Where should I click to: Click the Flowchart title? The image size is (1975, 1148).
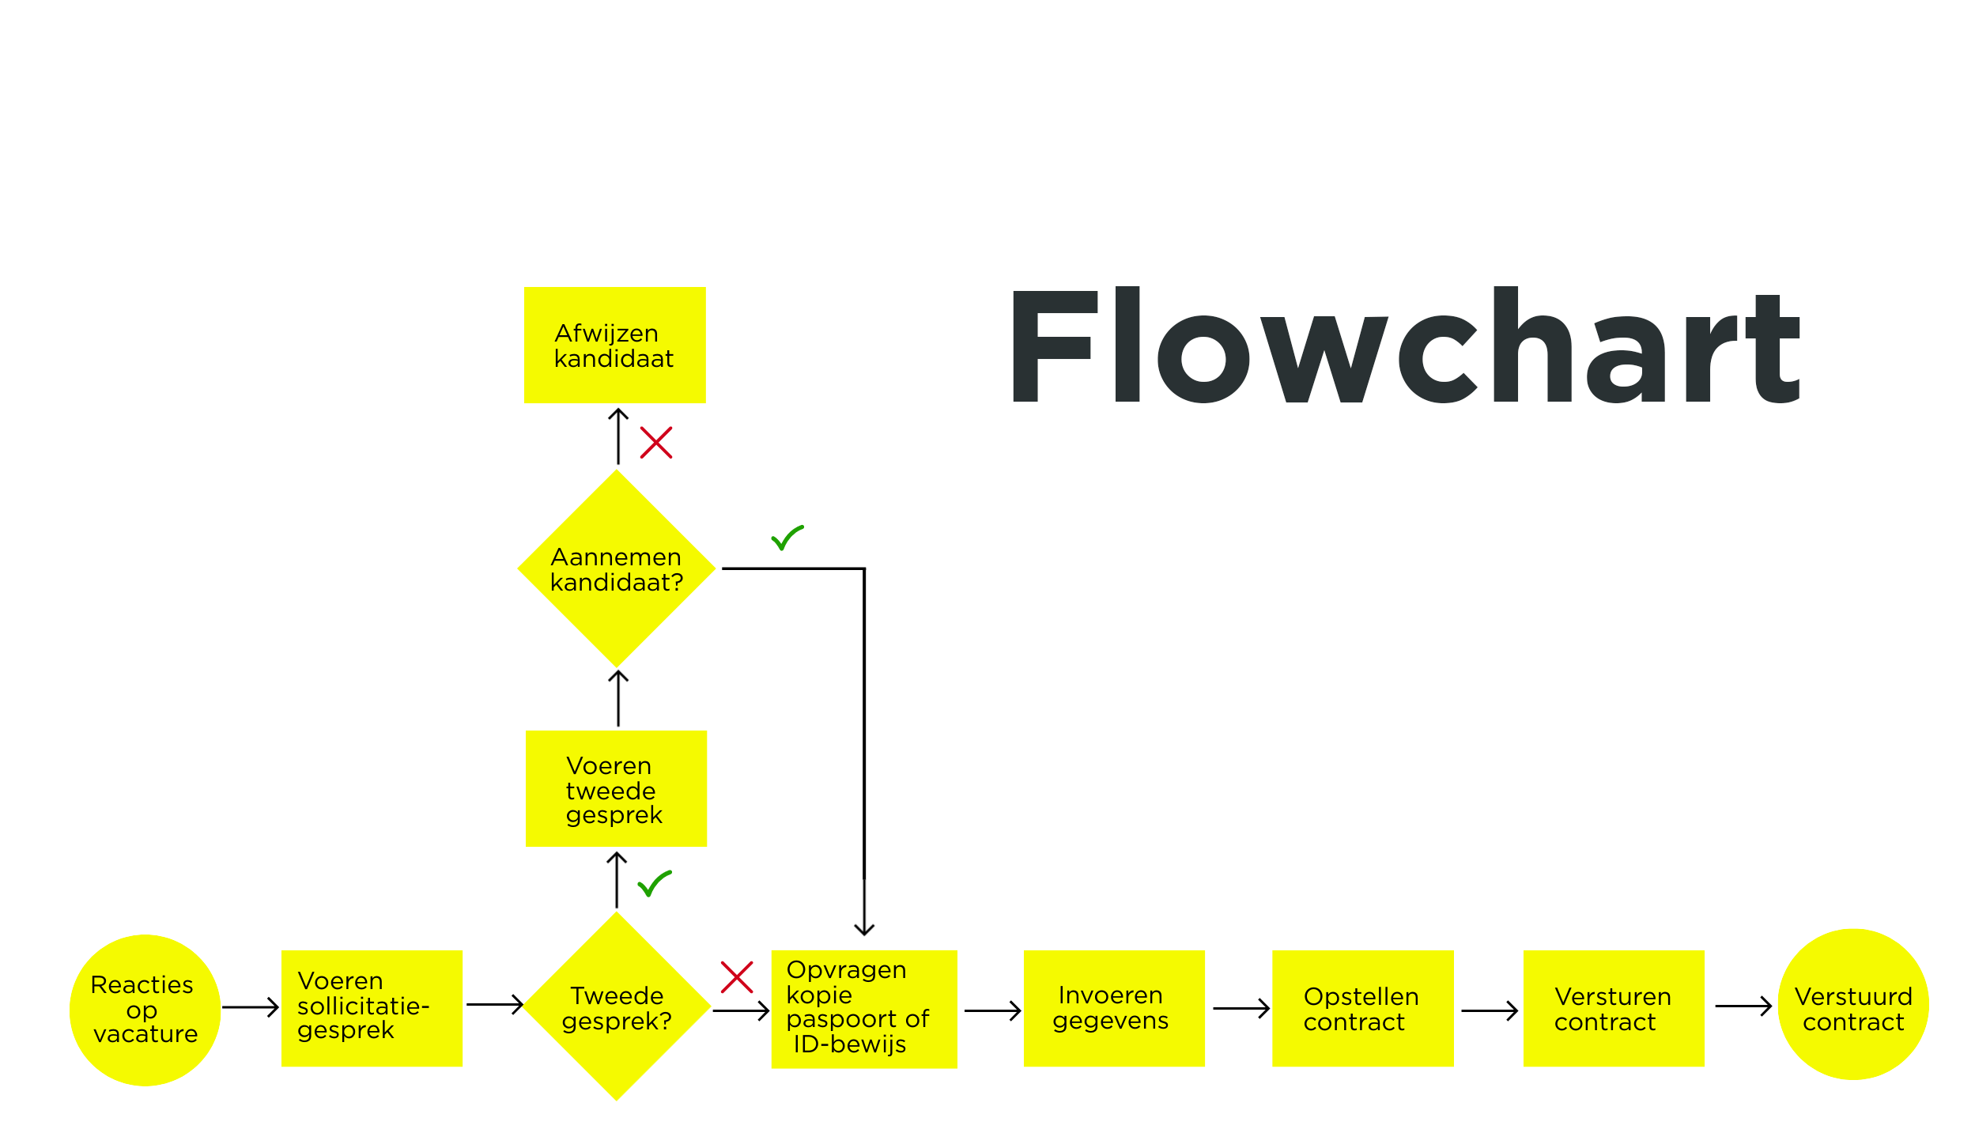[1406, 346]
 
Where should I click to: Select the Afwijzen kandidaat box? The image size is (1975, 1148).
[614, 346]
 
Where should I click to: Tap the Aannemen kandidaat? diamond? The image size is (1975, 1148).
[616, 568]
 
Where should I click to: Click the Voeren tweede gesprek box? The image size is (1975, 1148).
[616, 789]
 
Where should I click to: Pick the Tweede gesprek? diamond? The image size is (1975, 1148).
[616, 1007]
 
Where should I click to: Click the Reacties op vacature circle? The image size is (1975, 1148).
[145, 1010]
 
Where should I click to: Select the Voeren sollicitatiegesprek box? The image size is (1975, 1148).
[372, 1008]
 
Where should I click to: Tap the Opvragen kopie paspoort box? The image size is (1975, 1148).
[863, 1009]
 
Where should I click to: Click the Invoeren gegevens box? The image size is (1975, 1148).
[1113, 1008]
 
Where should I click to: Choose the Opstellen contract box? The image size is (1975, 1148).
[1362, 1008]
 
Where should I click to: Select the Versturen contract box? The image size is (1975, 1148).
[1613, 1008]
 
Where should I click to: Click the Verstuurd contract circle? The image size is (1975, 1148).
[1852, 1004]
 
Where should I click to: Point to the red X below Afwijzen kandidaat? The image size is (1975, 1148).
[655, 443]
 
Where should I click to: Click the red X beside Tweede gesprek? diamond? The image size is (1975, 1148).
[736, 977]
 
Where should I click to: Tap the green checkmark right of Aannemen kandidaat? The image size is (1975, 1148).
[787, 538]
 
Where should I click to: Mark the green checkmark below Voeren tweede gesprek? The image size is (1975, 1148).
[654, 883]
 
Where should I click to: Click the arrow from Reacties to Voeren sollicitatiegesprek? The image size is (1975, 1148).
[250, 1007]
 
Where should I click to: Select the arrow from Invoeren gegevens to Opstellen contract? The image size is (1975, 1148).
[1241, 1008]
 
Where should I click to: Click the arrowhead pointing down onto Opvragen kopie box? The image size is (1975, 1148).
[863, 928]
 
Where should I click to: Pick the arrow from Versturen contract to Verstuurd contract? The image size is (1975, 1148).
[1743, 1006]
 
